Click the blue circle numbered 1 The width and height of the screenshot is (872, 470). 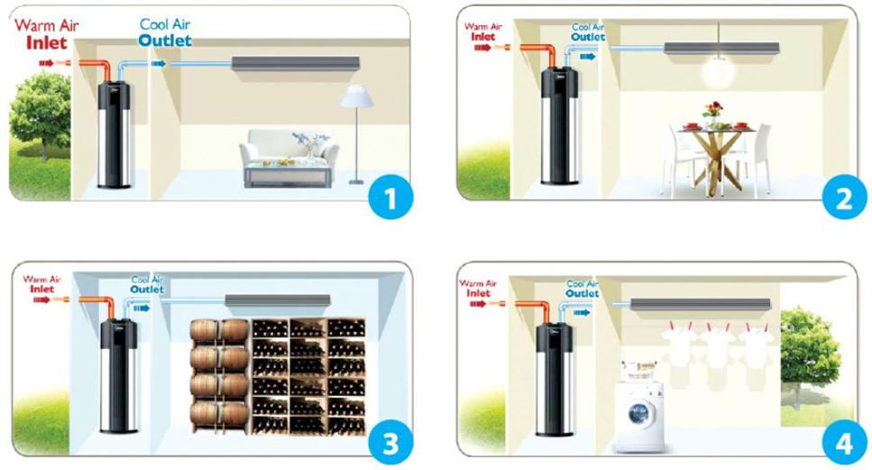click(x=391, y=197)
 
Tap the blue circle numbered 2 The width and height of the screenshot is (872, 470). click(x=844, y=197)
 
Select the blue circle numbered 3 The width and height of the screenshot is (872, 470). click(x=390, y=443)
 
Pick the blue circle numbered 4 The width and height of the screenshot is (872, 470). click(x=844, y=443)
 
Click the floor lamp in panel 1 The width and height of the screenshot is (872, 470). click(x=356, y=134)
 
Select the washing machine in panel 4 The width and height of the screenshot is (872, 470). click(x=639, y=414)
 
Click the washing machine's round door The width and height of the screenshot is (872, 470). click(x=639, y=413)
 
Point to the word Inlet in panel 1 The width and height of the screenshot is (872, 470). click(x=47, y=42)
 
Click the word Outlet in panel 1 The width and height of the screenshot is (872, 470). click(x=165, y=41)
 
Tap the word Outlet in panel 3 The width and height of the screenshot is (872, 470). click(x=147, y=290)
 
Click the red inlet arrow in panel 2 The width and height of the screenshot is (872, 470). click(x=482, y=48)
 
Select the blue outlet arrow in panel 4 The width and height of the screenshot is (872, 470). click(x=582, y=313)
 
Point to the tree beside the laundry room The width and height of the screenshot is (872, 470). click(x=809, y=356)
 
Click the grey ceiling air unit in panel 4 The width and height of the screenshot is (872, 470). click(x=701, y=304)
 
